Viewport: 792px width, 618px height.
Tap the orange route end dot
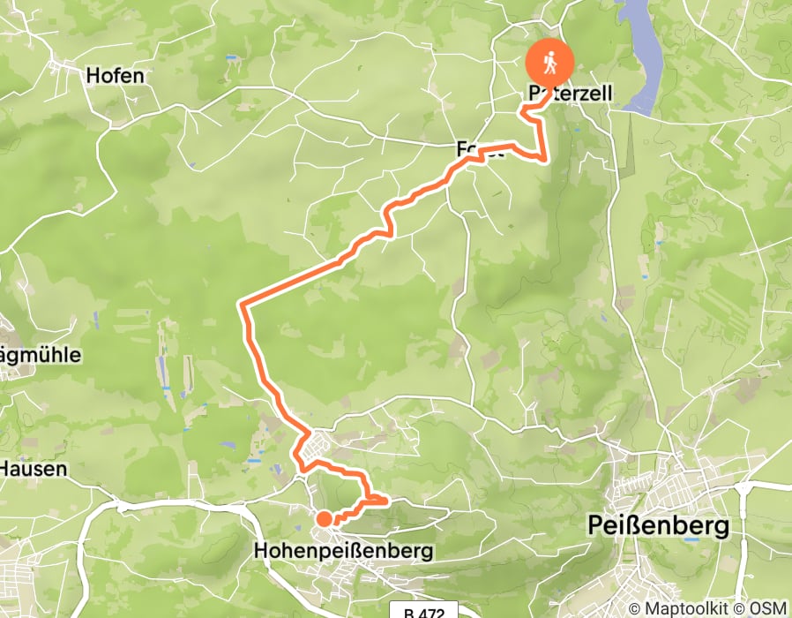[325, 519]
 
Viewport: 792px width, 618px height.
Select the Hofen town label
[115, 76]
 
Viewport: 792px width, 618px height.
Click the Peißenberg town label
[659, 527]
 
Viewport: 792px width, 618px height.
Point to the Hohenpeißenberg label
[343, 551]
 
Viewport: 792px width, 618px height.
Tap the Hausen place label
[33, 468]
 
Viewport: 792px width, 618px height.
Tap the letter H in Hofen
[93, 76]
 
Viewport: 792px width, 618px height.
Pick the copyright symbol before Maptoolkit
[634, 608]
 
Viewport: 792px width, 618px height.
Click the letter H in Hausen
[6, 468]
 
